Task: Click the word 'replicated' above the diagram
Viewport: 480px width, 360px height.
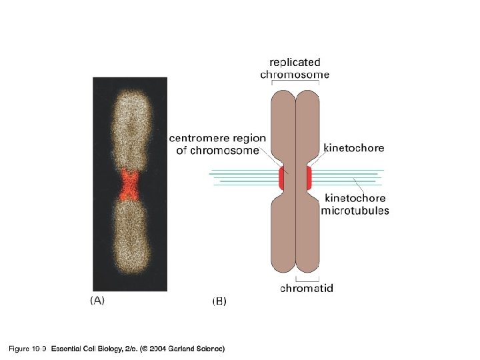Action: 294,62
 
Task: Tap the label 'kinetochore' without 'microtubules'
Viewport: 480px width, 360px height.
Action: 353,148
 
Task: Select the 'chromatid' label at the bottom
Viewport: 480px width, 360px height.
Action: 307,289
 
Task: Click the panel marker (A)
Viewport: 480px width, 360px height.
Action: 97,300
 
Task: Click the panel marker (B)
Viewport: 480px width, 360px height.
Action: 219,301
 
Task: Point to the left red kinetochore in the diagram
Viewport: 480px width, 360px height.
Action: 281,178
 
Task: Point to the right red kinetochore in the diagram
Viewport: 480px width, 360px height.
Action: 309,178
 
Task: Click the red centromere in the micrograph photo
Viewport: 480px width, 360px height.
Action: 129,185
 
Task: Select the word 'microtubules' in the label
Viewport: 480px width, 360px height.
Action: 355,210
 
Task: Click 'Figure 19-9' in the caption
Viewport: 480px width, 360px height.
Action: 27,349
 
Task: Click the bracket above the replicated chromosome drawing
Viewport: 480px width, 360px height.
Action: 295,83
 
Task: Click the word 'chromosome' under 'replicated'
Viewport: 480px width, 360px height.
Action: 294,75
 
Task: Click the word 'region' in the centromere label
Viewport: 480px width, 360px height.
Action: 249,139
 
